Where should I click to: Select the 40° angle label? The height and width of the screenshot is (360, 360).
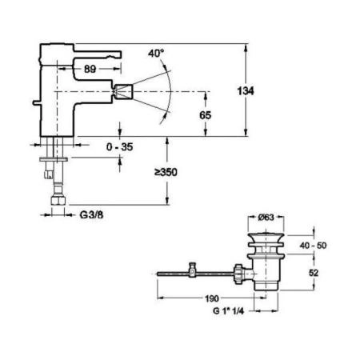[x=156, y=54]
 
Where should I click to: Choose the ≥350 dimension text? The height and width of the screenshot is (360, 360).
[x=166, y=173]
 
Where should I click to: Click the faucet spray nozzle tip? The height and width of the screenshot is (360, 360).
[x=127, y=90]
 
